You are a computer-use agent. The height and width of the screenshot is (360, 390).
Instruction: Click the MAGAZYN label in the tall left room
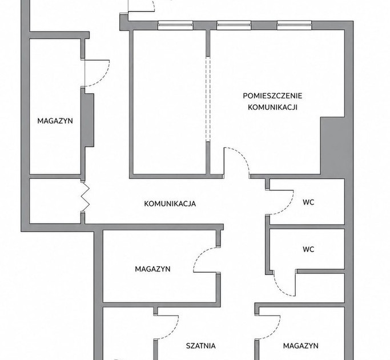[55, 121]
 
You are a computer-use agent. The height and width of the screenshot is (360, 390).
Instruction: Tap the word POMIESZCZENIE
[272, 96]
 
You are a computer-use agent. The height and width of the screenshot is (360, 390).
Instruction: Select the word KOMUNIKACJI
[272, 107]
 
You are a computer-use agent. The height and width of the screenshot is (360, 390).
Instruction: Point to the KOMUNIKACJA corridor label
[170, 203]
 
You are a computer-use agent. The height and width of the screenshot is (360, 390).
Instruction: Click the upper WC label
[308, 202]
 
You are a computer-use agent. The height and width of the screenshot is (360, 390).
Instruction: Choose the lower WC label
[308, 249]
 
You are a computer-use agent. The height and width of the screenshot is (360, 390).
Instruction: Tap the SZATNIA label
[201, 346]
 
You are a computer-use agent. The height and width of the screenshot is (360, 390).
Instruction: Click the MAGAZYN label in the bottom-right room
[301, 346]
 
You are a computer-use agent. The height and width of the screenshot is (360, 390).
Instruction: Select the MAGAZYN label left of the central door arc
[152, 269]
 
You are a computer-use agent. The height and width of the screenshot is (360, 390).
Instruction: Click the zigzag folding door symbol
[85, 197]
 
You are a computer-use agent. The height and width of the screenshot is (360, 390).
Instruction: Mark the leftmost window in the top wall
[175, 25]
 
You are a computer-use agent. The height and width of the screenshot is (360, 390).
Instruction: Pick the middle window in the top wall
[234, 25]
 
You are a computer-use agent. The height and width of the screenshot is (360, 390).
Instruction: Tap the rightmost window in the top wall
[294, 25]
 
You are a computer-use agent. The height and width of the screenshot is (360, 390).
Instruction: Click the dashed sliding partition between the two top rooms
[208, 99]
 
